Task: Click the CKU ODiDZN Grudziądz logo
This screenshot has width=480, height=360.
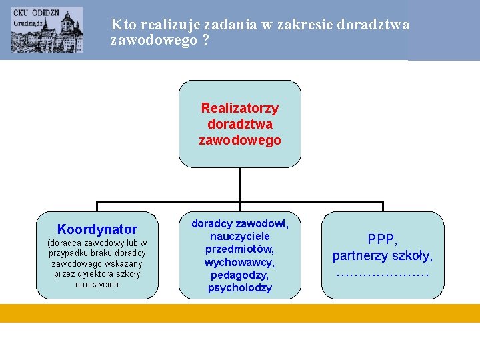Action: tap(47, 29)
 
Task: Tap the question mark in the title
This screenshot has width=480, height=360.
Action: tap(205, 41)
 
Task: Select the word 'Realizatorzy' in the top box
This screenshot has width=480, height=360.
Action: tap(239, 108)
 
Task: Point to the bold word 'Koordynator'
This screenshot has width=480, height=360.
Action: tap(97, 229)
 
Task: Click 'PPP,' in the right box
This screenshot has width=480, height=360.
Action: tap(383, 239)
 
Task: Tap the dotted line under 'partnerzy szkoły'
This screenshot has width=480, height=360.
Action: tap(383, 273)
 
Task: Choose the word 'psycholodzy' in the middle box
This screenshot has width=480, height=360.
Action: tap(239, 288)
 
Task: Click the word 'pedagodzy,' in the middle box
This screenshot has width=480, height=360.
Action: tap(239, 275)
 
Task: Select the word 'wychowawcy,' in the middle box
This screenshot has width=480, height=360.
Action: tap(239, 262)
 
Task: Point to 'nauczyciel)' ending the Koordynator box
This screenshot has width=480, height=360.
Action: tap(97, 285)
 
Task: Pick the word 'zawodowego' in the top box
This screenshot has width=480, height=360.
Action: tap(239, 141)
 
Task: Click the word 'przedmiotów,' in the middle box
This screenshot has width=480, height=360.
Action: tap(239, 249)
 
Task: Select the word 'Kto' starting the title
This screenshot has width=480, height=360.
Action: tap(121, 25)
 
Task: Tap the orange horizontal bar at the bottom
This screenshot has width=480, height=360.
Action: tap(240, 313)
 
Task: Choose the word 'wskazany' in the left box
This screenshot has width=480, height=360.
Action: tap(123, 263)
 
